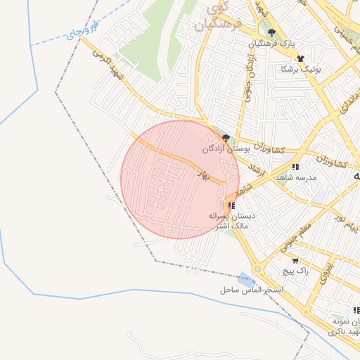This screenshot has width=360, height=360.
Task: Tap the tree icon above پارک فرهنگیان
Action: click(x=271, y=32)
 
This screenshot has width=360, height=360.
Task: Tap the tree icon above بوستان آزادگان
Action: click(x=226, y=138)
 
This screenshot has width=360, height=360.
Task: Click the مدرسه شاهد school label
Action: click(x=296, y=178)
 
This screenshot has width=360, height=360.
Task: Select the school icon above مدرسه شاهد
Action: click(x=295, y=167)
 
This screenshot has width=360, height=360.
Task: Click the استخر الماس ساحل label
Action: click(x=250, y=290)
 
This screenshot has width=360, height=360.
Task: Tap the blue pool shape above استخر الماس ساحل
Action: click(x=245, y=278)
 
